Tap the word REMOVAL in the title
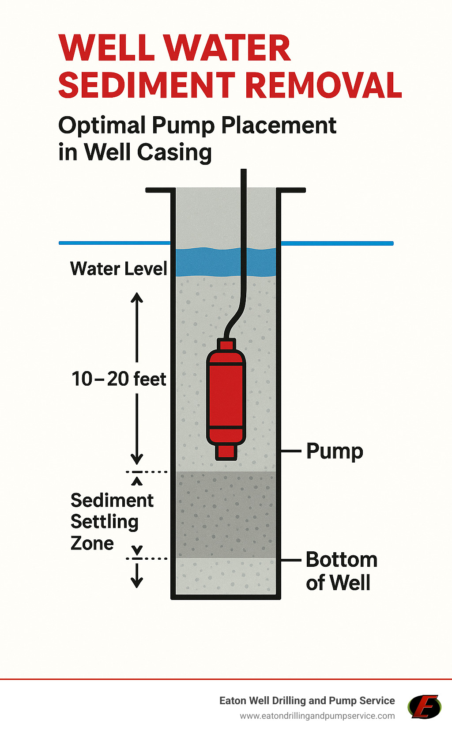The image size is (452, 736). pos(323,85)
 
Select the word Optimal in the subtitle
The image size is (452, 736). pos(102,125)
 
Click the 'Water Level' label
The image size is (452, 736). pos(118,269)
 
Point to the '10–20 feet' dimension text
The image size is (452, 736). pos(118,379)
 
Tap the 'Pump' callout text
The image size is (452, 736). pos(335,451)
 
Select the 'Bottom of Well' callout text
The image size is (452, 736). pos(341,571)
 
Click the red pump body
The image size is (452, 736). pos(226,395)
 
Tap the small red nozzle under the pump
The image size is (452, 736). pos(226,451)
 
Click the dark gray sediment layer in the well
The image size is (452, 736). pos(226,515)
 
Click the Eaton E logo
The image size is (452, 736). pos(424,706)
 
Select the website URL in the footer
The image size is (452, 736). pos(317,716)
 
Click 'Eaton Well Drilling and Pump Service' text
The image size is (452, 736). pos(307,701)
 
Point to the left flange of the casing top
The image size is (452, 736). pos(159,190)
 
